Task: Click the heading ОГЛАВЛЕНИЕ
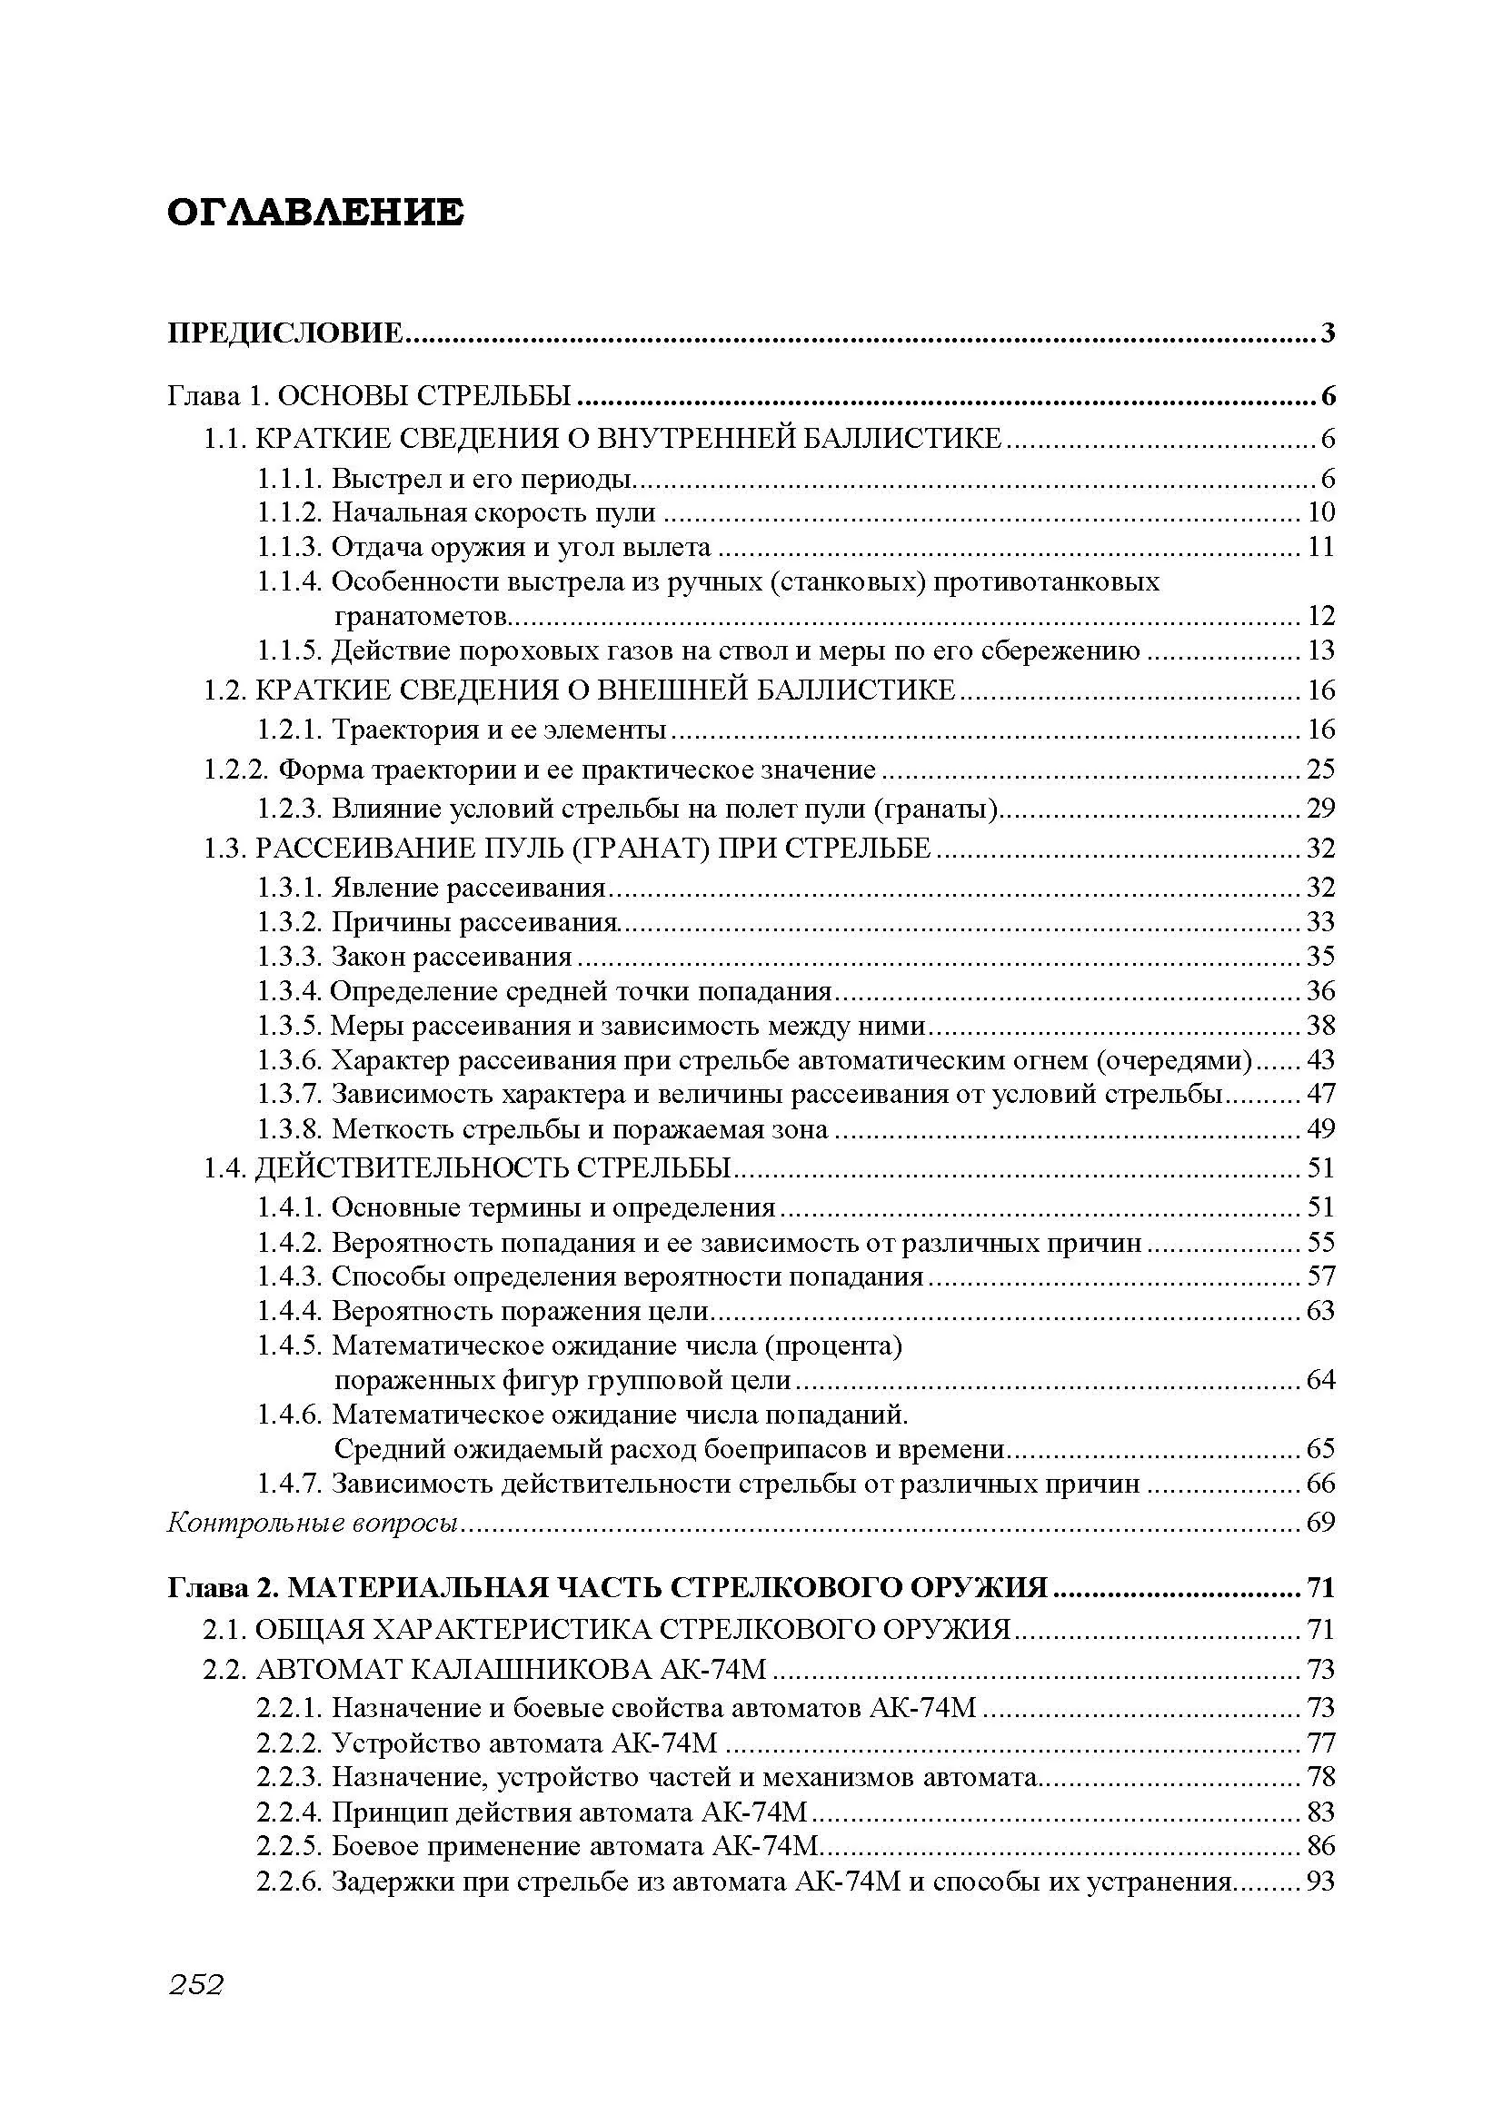(x=314, y=213)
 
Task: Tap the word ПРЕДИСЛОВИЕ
(x=285, y=333)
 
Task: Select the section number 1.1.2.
(x=289, y=512)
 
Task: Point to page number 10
(x=1320, y=512)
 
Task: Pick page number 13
(x=1320, y=650)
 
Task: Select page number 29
(x=1320, y=809)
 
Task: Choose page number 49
(x=1320, y=1129)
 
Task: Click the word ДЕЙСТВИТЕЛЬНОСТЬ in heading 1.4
(x=411, y=1168)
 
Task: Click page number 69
(x=1320, y=1523)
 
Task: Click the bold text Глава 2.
(x=222, y=1588)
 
